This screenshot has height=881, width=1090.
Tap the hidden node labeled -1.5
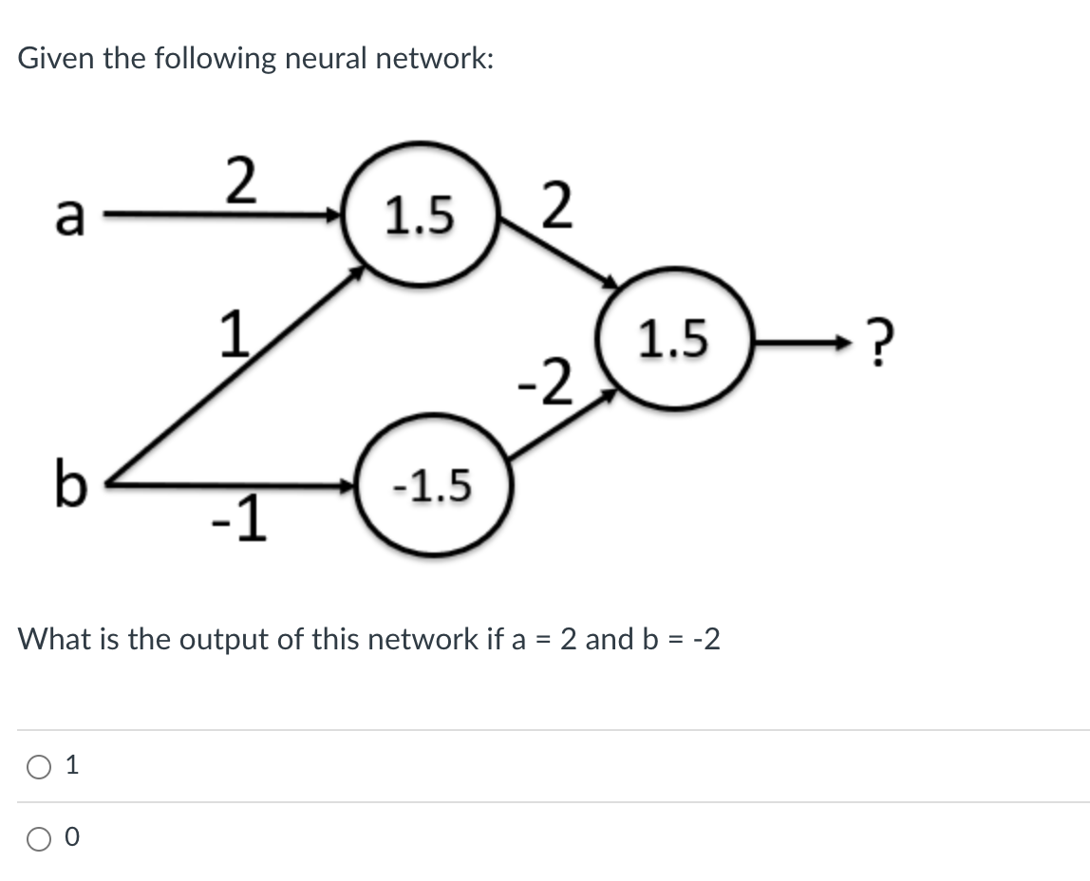pyautogui.click(x=433, y=487)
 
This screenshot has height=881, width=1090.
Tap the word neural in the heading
pyautogui.click(x=324, y=59)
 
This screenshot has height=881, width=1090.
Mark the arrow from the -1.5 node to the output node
pyautogui.click(x=560, y=430)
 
